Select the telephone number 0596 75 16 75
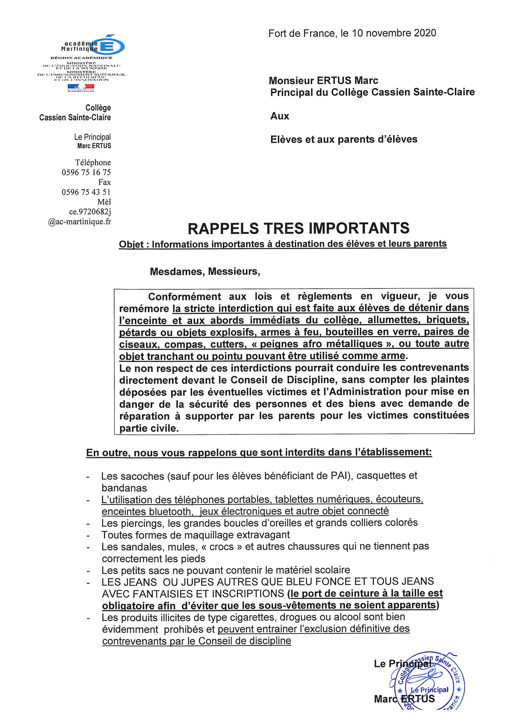(x=86, y=172)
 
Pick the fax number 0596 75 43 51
(x=86, y=192)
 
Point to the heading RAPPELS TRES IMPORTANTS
(x=298, y=228)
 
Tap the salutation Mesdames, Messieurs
(x=205, y=271)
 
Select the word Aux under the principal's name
(x=280, y=116)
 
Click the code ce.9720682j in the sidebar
(x=90, y=212)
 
